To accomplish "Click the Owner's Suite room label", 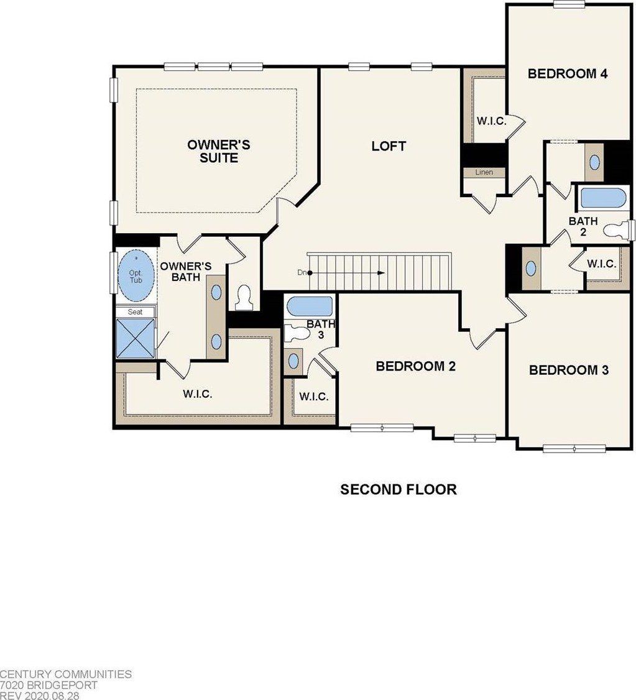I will pos(218,151).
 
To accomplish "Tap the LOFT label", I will pos(389,146).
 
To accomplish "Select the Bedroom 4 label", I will pos(567,73).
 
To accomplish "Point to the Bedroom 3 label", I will pos(568,370).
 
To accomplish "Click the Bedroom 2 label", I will pos(415,366).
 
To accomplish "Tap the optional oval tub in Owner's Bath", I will pos(135,276).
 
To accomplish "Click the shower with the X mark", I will pos(135,338).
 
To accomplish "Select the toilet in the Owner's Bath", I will pos(245,298).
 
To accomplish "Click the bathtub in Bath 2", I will pos(602,198).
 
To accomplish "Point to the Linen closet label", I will pos(484,172).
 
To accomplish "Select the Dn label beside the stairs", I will pos(301,272).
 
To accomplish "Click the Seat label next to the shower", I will pos(135,311).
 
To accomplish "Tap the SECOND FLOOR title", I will pos(398,489).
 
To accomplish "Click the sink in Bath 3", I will pos(292,361).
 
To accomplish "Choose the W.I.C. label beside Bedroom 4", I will pos(491,121).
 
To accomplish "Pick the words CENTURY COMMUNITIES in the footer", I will pos(65,674).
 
